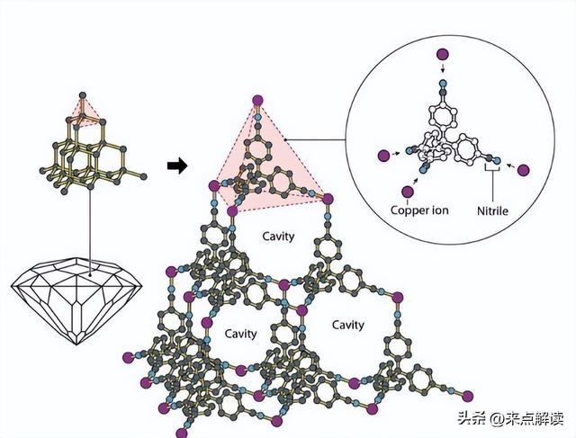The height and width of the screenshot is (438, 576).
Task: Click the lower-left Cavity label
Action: [239, 334]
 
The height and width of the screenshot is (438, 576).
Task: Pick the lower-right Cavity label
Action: [347, 325]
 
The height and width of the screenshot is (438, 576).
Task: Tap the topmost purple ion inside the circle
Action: [442, 57]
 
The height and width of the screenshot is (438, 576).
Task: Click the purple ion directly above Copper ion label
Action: [409, 192]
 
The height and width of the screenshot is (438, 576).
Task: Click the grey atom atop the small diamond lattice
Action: [82, 94]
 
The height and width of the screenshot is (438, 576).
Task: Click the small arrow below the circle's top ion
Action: [442, 73]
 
